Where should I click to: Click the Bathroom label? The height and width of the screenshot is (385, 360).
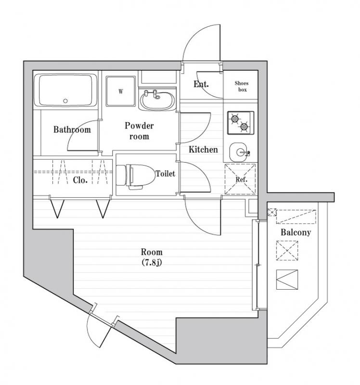[x=72, y=129]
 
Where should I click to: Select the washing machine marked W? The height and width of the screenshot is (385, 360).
[x=120, y=91]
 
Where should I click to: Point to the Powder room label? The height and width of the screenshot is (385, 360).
[x=139, y=131]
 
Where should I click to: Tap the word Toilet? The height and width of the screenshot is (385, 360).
[x=165, y=173]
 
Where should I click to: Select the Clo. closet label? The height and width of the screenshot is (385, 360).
[x=80, y=180]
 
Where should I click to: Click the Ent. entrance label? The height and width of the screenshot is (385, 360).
[x=201, y=85]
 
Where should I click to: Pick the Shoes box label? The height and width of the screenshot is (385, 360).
[x=242, y=86]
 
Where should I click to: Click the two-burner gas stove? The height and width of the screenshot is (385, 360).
[x=240, y=123]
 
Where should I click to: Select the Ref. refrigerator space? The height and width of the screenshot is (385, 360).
[x=240, y=180]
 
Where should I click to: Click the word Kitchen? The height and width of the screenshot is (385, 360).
[x=203, y=150]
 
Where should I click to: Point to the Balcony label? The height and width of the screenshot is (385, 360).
[x=296, y=232]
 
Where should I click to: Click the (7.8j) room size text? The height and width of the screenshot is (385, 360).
[x=152, y=262]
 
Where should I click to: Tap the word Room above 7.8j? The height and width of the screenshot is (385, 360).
[x=152, y=252]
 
